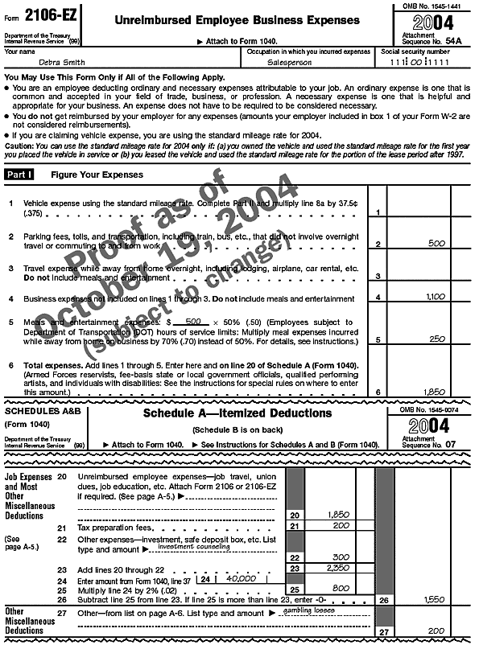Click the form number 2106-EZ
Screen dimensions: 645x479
[45, 14]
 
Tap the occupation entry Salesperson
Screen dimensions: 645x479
[288, 62]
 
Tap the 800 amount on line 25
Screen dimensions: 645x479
[339, 588]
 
